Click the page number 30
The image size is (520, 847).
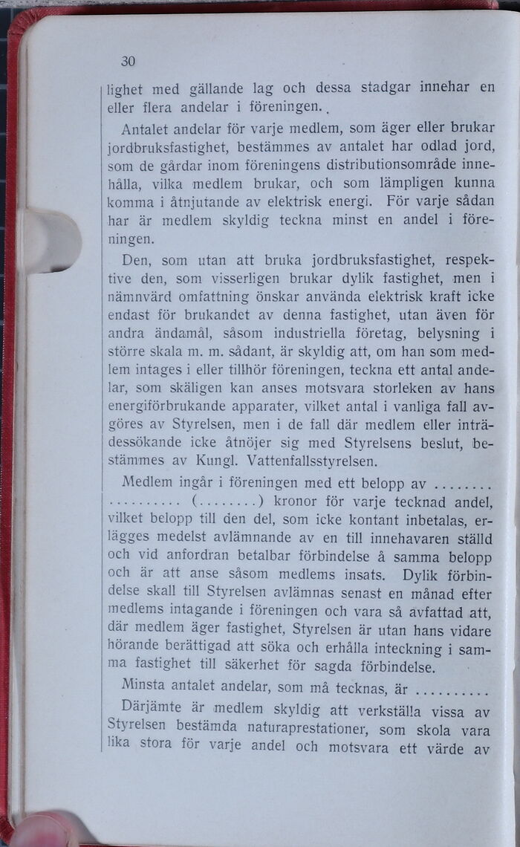point(128,62)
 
